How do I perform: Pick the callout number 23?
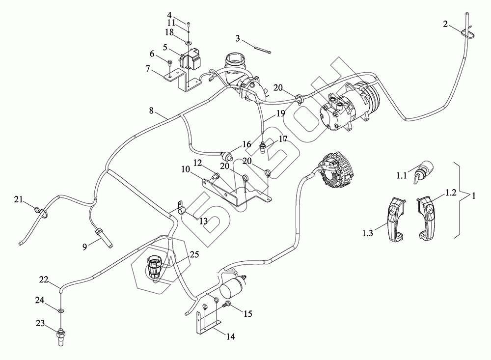[41, 323]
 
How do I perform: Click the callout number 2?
[445, 24]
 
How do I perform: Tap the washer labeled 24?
[60, 311]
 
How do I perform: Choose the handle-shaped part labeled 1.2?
[426, 219]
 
